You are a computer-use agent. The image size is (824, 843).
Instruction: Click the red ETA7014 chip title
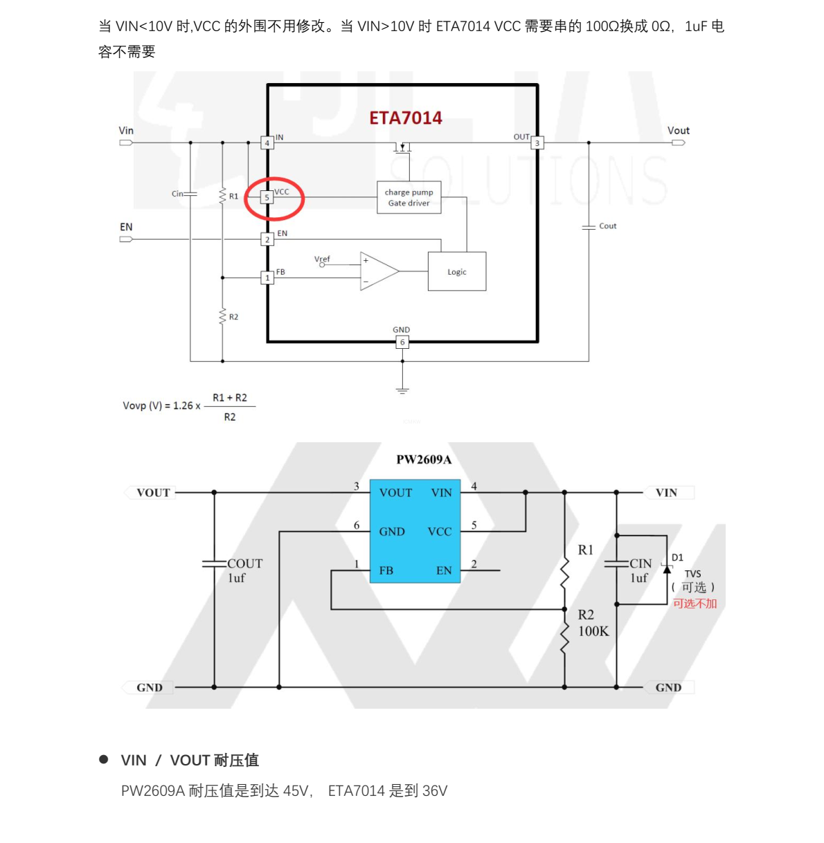click(x=405, y=118)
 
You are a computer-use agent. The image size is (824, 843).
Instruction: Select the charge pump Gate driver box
click(x=409, y=197)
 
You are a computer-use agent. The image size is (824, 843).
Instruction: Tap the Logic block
click(x=457, y=271)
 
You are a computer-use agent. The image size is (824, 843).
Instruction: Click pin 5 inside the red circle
click(x=267, y=197)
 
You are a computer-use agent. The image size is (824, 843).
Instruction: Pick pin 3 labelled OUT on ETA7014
click(x=537, y=143)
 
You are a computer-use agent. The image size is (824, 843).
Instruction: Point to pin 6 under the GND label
click(x=402, y=342)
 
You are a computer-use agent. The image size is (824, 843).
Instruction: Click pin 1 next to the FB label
click(x=267, y=278)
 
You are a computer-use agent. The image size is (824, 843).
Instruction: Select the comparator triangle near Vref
click(x=379, y=271)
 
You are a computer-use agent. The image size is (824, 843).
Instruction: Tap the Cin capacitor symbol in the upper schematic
click(x=190, y=194)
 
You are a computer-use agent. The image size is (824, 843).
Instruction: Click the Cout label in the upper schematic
click(x=607, y=226)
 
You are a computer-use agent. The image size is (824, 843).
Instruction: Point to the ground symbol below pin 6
click(x=402, y=391)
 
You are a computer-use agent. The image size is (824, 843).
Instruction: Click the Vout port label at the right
click(x=678, y=130)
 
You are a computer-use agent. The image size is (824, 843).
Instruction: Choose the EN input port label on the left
click(x=126, y=227)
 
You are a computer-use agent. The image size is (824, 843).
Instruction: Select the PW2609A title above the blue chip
click(x=424, y=460)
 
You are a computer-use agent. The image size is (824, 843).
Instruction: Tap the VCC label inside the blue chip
click(x=440, y=532)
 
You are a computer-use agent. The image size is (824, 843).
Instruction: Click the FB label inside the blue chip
click(x=386, y=570)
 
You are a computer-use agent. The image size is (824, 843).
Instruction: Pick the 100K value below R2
click(x=593, y=631)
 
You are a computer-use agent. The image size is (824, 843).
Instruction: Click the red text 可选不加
click(x=695, y=604)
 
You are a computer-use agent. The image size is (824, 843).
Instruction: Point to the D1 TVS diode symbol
click(x=667, y=569)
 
